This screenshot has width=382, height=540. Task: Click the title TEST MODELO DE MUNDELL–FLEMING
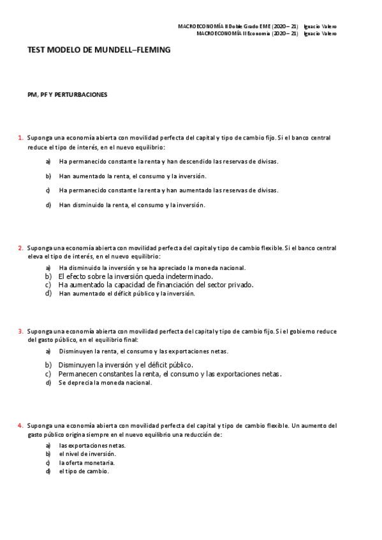pos(99,49)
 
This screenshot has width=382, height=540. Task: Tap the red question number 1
pos(20,137)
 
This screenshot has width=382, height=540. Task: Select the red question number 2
pos(20,248)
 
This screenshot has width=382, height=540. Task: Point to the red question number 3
pos(20,331)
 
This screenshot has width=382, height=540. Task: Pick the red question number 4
pos(20,425)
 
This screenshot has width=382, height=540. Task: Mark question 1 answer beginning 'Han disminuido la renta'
pos(132,205)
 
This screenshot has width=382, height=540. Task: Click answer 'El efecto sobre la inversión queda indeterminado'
pos(135,277)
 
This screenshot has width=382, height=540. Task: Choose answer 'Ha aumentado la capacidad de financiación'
pos(156,285)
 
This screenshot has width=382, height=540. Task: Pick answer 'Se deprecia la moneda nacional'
pos(105,383)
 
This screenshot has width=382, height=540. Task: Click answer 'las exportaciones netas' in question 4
pos(92,445)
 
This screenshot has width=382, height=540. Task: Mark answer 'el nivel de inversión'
pos(87,453)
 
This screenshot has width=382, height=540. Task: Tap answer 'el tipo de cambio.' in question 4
pos(84,471)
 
